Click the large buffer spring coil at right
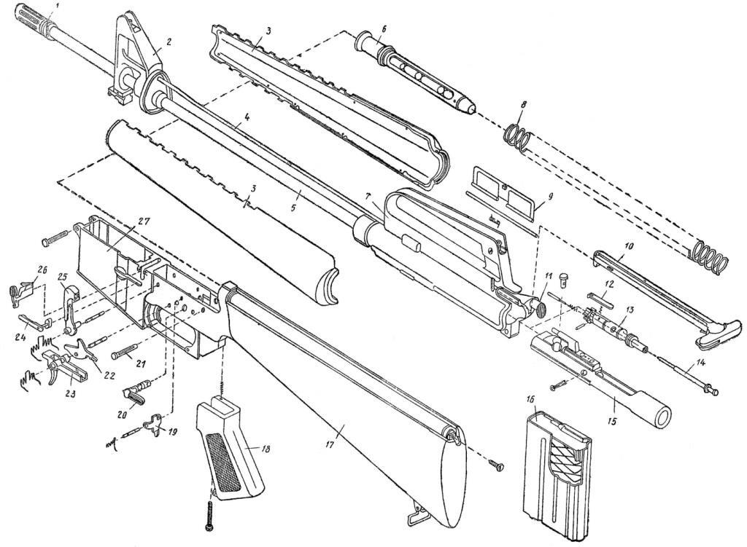pyautogui.click(x=709, y=257)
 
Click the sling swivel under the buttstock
pyautogui.click(x=416, y=513)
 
